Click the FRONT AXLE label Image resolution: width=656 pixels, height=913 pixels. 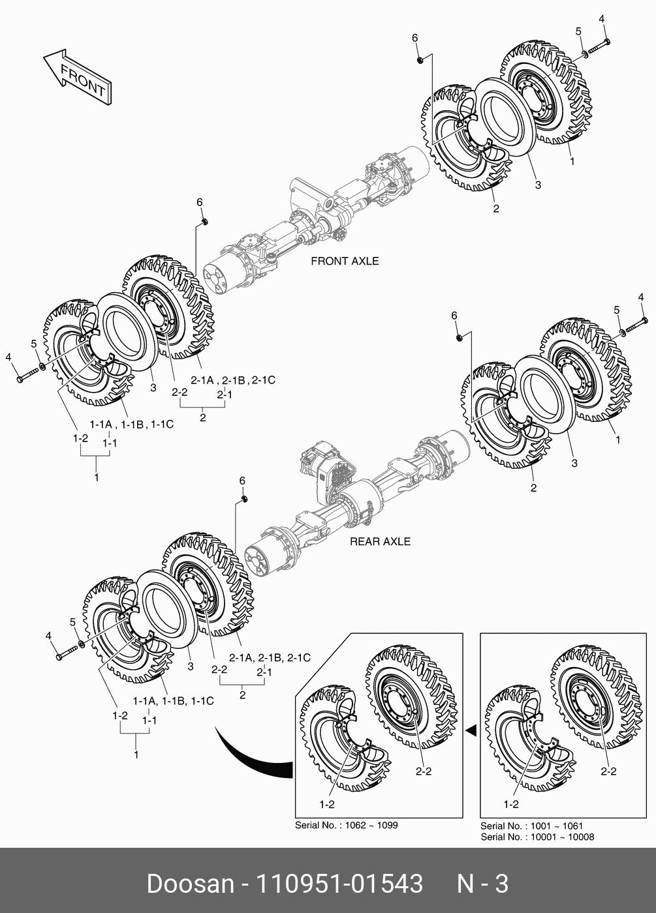pyautogui.click(x=345, y=261)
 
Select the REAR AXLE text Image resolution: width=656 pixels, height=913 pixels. pyautogui.click(x=380, y=541)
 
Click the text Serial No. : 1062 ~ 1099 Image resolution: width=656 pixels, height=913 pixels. pyautogui.click(x=347, y=825)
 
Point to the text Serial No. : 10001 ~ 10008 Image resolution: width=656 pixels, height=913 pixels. pyautogui.click(x=537, y=837)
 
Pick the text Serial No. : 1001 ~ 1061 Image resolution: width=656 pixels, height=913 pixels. pyautogui.click(x=532, y=826)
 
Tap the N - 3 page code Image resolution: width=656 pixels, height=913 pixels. pyautogui.click(x=482, y=884)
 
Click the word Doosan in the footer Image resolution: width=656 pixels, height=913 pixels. pyautogui.click(x=190, y=884)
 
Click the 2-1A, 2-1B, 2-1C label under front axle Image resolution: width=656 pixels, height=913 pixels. pyautogui.click(x=232, y=380)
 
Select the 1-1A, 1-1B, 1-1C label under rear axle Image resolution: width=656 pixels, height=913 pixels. pyautogui.click(x=173, y=701)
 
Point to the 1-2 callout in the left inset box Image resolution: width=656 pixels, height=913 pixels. pyautogui.click(x=328, y=804)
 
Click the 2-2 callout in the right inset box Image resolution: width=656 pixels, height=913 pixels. pyautogui.click(x=608, y=771)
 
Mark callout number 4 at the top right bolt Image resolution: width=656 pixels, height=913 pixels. pyautogui.click(x=602, y=19)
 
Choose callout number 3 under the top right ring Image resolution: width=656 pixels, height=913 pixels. pyautogui.click(x=538, y=185)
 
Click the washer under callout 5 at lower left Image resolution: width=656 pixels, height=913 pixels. pyautogui.click(x=80, y=646)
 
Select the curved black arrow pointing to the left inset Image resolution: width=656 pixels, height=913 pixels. pyautogui.click(x=251, y=760)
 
